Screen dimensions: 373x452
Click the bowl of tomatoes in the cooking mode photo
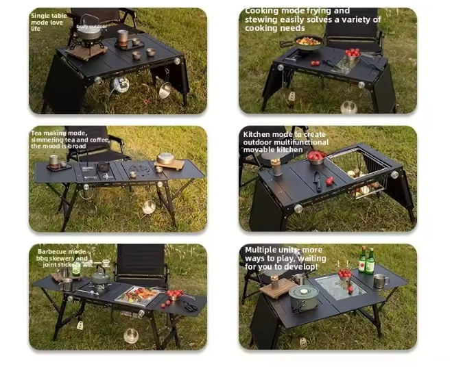(x=353, y=55)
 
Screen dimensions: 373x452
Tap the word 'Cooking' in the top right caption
(x=261, y=12)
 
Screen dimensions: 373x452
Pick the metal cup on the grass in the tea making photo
(x=148, y=207)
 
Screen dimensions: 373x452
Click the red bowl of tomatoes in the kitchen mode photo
(x=316, y=157)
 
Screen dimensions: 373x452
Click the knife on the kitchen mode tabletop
(x=316, y=181)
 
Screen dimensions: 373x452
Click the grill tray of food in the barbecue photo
(x=141, y=294)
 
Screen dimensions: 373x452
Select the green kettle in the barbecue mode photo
(x=100, y=276)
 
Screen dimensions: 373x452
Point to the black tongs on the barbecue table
(x=188, y=304)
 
